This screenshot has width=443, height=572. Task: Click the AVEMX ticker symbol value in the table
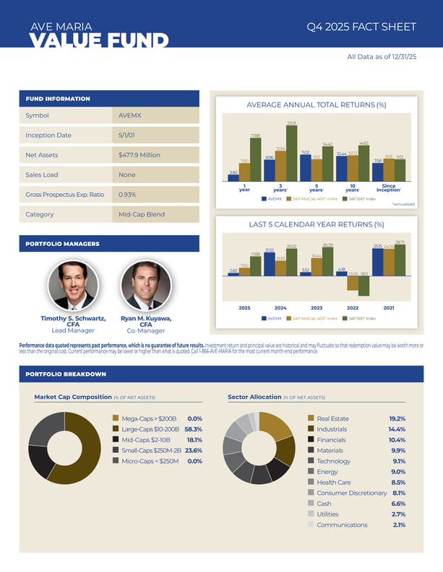130,115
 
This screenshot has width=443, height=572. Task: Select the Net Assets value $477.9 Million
139,155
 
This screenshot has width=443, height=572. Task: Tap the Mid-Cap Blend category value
141,214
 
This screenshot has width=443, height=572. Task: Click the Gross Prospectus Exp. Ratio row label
60,195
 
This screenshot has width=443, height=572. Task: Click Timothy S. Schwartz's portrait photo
72,286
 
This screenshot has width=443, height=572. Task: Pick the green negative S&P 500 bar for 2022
364,287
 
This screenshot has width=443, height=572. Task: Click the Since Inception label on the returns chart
389,188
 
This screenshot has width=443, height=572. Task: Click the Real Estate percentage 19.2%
397,418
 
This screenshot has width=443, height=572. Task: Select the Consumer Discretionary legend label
351,493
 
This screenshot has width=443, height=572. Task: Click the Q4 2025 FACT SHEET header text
361,27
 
